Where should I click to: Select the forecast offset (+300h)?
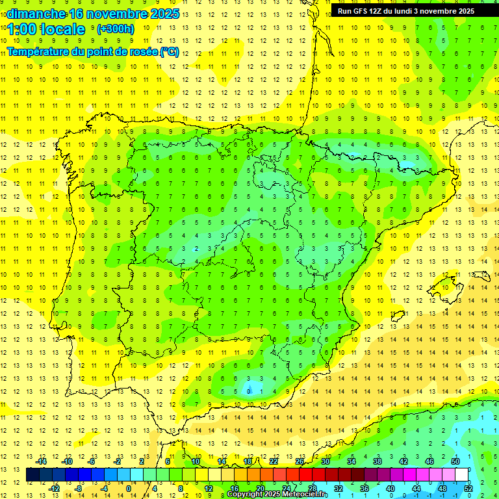[115, 29]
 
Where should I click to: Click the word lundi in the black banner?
[402, 10]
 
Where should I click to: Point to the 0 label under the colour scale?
[128, 488]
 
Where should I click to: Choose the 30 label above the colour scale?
[325, 461]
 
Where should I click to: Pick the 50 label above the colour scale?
[455, 461]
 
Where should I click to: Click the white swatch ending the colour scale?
[462, 475]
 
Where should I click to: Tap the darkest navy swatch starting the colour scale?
[32, 475]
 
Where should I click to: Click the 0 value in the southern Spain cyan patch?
[248, 391]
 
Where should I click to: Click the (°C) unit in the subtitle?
[169, 51]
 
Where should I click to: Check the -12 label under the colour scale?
[54, 488]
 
